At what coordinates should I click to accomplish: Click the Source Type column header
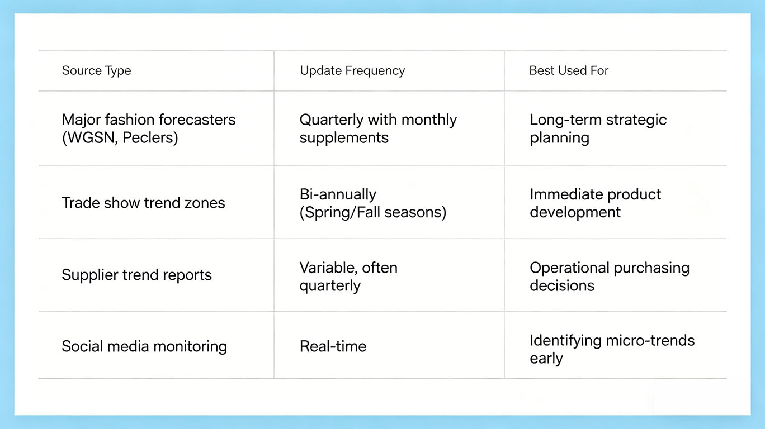click(x=96, y=70)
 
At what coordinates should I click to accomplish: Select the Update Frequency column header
click(x=352, y=70)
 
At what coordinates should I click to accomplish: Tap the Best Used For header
click(x=569, y=70)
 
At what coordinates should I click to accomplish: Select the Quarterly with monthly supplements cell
click(x=378, y=128)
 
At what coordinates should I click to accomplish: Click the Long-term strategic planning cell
click(x=598, y=128)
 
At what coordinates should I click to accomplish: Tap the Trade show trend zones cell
click(x=143, y=203)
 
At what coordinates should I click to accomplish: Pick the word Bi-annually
click(x=338, y=195)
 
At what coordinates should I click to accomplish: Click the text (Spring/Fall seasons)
click(x=373, y=212)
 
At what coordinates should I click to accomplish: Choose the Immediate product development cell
click(x=595, y=203)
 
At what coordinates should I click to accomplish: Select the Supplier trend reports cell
click(x=136, y=275)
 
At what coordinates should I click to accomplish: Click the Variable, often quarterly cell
click(x=348, y=277)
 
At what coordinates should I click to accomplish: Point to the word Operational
click(x=569, y=268)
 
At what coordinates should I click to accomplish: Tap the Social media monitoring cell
click(x=144, y=346)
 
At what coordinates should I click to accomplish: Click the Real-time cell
click(x=333, y=346)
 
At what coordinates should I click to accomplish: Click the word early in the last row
click(x=546, y=359)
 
